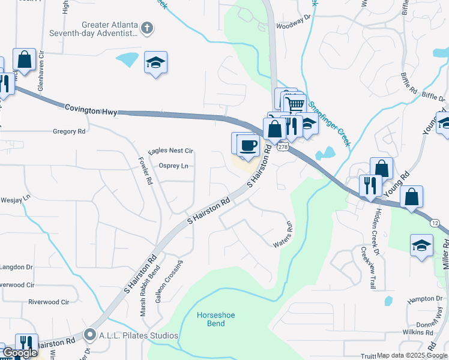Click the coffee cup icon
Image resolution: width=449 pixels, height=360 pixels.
click(x=248, y=144)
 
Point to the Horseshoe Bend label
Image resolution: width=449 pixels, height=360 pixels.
click(x=211, y=319)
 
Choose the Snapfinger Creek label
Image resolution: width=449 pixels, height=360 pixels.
click(x=328, y=122)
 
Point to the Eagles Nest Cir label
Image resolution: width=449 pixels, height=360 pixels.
click(x=171, y=151)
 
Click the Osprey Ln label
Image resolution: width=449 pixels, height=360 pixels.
click(x=173, y=166)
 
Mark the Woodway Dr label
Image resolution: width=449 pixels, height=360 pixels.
click(x=293, y=26)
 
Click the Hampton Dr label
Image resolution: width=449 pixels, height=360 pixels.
click(x=424, y=298)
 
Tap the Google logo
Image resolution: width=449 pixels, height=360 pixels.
click(x=20, y=353)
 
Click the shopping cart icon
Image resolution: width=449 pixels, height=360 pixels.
click(x=294, y=104)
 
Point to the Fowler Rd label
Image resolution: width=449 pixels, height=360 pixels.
click(x=145, y=171)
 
